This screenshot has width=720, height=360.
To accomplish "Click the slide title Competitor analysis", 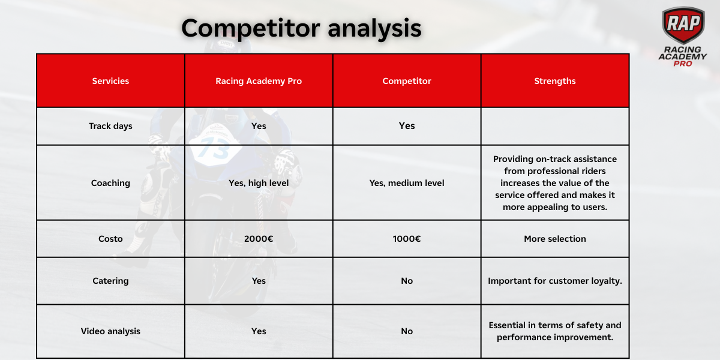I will pos(301,28).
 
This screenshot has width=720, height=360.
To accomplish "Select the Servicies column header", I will pos(110,81).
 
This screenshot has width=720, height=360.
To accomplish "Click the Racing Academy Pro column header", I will pos(259,81).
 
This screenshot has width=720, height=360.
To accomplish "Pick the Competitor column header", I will pos(407,81).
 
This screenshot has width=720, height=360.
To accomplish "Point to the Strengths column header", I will pos(555,81).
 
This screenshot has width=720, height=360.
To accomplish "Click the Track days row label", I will pos(110,126).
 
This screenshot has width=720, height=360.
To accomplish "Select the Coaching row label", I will pos(110,183).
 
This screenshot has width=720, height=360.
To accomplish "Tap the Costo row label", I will pos(110,239).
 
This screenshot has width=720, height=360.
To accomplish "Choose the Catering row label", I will pos(110,281).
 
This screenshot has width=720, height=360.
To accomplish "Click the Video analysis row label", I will pos(110,331).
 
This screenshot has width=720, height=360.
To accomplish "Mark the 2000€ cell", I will pos(259,239).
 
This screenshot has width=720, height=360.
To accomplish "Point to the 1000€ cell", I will pos(407,239).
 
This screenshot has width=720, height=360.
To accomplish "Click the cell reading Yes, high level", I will pos(259,183).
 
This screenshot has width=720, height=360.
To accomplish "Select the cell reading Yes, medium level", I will pos(407,183).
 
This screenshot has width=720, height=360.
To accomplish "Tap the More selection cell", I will pos(555,239).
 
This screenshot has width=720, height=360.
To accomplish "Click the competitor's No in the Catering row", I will pos(407,281).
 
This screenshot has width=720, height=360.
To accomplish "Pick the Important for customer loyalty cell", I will pos(555,281).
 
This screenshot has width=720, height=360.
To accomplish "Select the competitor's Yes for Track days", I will pos(407,126).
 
